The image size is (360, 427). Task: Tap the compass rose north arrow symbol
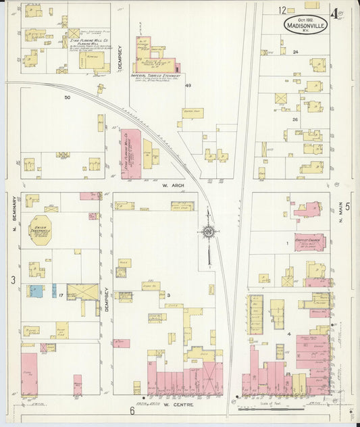click(209, 232)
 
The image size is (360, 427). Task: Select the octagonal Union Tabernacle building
click(41, 230)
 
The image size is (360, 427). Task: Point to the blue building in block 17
click(35, 291)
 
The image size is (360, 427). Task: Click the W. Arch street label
click(174, 183)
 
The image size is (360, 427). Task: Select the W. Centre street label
click(178, 404)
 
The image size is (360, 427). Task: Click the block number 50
click(67, 97)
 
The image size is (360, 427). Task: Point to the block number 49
click(188, 85)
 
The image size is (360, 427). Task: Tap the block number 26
click(295, 120)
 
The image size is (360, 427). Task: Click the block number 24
click(296, 52)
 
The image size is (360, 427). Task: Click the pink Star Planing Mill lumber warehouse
click(130, 153)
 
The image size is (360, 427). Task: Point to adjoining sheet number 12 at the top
click(282, 9)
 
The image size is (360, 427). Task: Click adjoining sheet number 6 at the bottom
click(132, 410)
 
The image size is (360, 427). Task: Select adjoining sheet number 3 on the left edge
click(12, 279)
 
